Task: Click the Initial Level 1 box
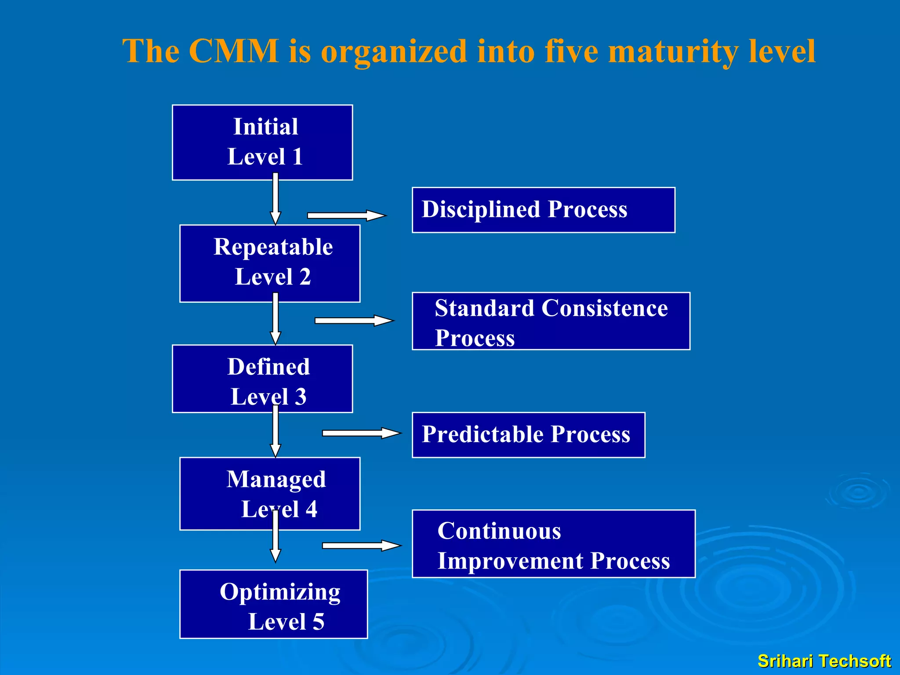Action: [262, 142]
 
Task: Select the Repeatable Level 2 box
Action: [270, 263]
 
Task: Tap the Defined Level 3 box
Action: [262, 379]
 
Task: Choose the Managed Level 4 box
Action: [270, 494]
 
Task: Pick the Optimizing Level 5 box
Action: [273, 604]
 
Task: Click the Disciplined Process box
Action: [543, 210]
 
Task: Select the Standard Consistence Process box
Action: [551, 321]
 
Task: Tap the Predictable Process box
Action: [528, 435]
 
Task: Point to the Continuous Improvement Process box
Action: [553, 544]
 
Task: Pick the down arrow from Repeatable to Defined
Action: [276, 319]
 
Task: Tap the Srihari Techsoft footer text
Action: [824, 661]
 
